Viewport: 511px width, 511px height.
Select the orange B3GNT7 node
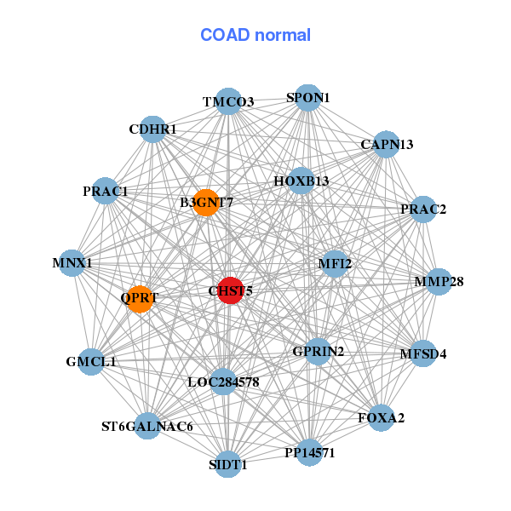206,203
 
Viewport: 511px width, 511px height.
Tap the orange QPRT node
140,299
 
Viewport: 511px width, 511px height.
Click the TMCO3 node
227,102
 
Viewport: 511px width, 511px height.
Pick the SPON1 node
307,98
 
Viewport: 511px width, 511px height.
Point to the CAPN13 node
386,145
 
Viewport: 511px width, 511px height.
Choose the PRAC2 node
423,209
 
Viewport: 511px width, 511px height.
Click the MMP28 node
438,282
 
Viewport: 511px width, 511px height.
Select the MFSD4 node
422,353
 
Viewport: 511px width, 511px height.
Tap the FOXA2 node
381,417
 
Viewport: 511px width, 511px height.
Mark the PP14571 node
309,452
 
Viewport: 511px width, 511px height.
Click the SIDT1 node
227,464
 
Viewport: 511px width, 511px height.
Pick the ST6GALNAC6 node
147,426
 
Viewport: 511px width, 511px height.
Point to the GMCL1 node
91,361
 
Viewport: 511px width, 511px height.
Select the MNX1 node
72,263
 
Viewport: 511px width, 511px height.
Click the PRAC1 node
106,192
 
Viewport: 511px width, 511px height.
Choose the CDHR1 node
152,129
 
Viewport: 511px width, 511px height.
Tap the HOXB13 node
301,181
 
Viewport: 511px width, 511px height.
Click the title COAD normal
255,36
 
